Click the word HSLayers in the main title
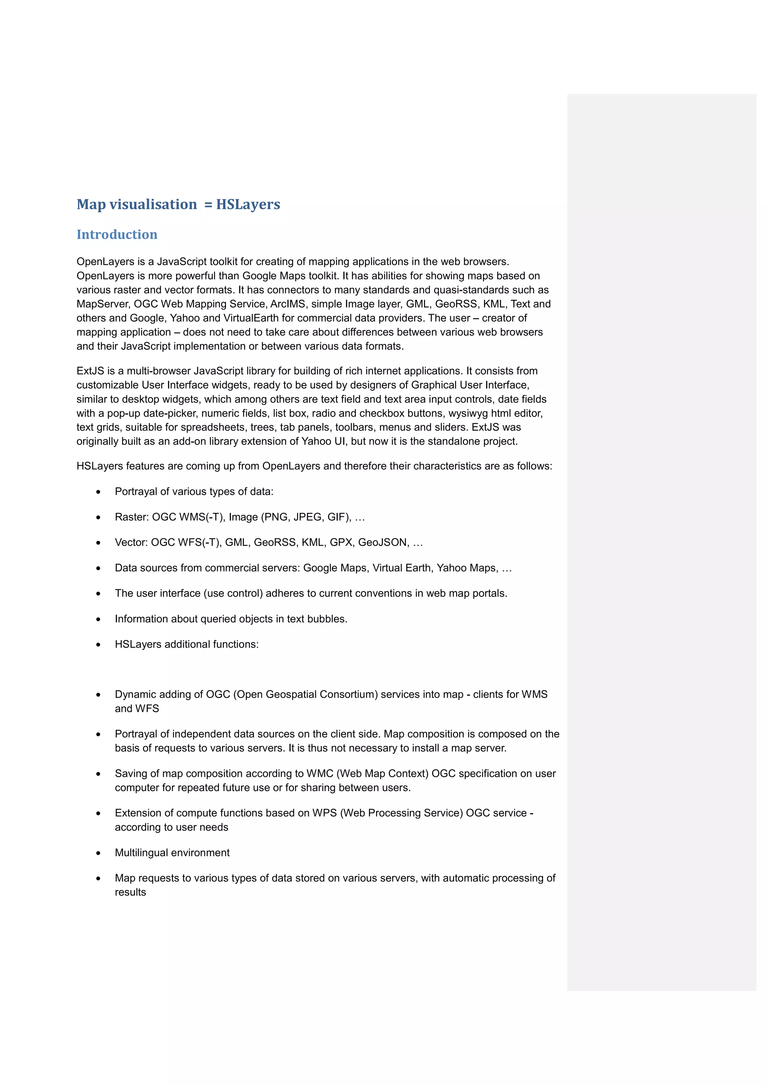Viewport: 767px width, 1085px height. click(x=248, y=205)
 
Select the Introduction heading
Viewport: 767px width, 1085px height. click(x=117, y=234)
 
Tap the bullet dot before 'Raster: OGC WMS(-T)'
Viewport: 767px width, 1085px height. click(x=98, y=517)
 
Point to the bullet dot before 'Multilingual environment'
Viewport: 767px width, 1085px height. click(x=98, y=854)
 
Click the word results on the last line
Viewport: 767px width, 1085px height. click(x=130, y=892)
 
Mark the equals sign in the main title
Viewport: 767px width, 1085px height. click(x=208, y=205)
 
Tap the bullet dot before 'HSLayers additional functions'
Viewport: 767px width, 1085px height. click(x=98, y=645)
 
